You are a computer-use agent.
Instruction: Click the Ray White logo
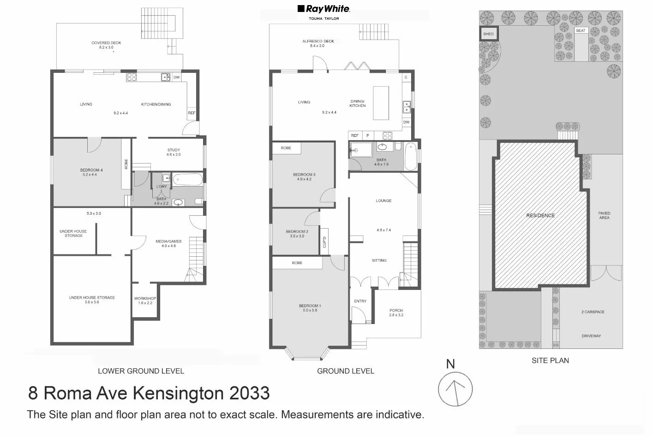coord(324,9)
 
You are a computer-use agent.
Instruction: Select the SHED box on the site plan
coord(488,34)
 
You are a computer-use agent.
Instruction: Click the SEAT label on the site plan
coord(581,31)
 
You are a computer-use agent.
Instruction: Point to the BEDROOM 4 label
coord(91,170)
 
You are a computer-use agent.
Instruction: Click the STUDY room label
coord(174,150)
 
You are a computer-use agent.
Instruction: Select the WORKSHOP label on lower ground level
coord(145,299)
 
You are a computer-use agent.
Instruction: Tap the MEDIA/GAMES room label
coord(168,242)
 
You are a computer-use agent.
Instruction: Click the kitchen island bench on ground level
coord(381,103)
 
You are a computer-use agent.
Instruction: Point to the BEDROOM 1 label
coord(310,306)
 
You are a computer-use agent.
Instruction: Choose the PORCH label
coord(396,311)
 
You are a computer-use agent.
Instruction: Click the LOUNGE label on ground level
coord(383,201)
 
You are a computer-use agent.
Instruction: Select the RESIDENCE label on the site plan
coord(540,216)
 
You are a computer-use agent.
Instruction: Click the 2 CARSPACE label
coord(593,312)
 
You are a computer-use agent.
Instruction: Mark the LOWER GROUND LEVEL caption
coord(141,371)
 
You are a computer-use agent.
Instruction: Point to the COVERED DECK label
coord(106,43)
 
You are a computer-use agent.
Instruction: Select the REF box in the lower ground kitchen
coord(192,113)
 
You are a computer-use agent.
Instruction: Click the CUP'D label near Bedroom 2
coord(324,242)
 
